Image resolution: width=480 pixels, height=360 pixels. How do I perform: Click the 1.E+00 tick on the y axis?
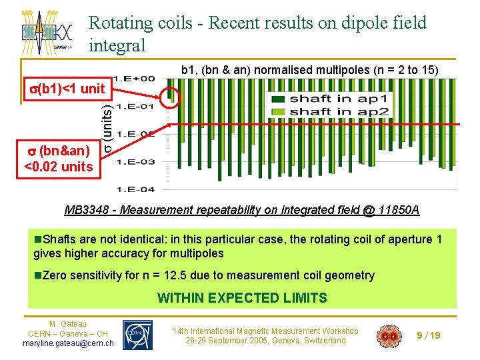(x=136, y=78)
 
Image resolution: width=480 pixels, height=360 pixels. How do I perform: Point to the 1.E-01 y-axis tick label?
(x=136, y=105)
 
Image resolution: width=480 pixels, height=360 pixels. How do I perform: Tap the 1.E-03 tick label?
(x=136, y=161)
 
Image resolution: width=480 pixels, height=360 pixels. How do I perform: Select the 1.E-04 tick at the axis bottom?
(x=136, y=189)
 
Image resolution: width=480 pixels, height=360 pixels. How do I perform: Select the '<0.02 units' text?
(x=59, y=167)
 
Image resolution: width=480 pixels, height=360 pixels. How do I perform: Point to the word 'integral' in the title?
(x=117, y=45)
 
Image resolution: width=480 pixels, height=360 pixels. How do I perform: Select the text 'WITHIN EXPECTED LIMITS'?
(x=242, y=298)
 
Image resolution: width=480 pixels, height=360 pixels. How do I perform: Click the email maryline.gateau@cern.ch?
(x=68, y=343)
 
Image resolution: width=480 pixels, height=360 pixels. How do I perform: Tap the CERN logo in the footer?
(x=138, y=334)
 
